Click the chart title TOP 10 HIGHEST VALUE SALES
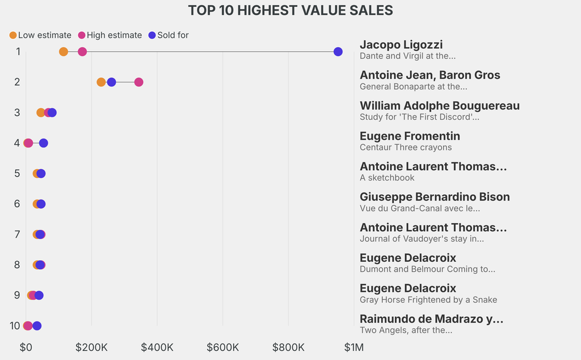[290, 10]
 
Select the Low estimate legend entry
[40, 35]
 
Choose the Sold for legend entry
[168, 35]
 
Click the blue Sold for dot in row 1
[338, 52]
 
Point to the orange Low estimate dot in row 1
[64, 52]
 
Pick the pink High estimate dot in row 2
[138, 82]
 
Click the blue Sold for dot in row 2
[111, 82]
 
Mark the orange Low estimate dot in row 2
[101, 82]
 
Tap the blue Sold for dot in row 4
[44, 143]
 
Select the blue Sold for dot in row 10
[37, 326]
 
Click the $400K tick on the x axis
[157, 347]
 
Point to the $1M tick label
[353, 347]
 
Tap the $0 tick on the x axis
[26, 347]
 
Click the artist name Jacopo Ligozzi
[401, 45]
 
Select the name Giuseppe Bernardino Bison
[435, 197]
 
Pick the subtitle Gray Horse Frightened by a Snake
[428, 299]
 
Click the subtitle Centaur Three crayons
[406, 147]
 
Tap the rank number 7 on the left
[17, 235]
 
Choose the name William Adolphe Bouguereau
[440, 106]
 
